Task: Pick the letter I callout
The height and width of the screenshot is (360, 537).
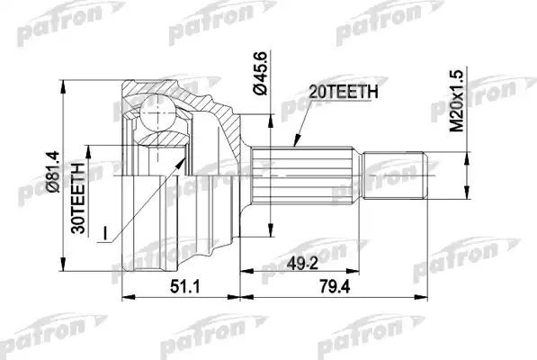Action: click(104, 237)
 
